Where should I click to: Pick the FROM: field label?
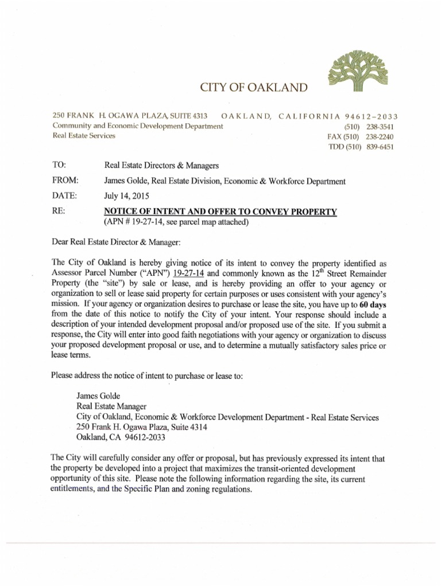64,181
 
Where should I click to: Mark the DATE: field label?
63,196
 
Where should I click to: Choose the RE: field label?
58,212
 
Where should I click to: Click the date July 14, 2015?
126,196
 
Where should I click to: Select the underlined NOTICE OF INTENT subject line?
220,212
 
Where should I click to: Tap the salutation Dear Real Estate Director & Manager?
116,242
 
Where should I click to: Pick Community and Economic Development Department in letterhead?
137,126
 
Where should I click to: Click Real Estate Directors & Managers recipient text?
162,166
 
